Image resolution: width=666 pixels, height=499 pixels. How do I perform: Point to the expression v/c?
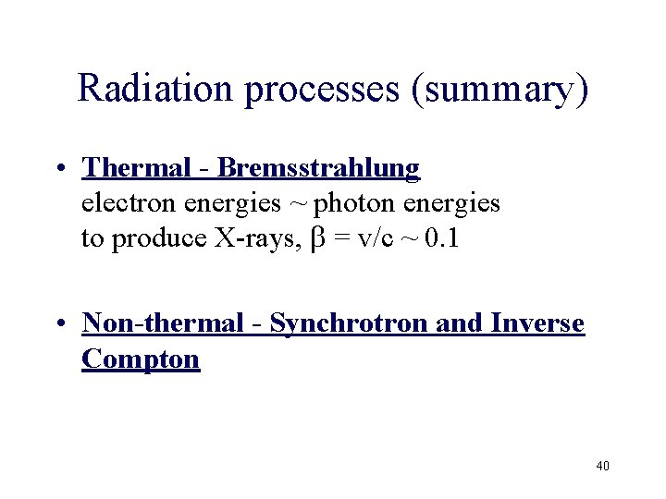tap(374, 238)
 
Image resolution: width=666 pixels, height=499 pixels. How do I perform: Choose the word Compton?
tap(141, 358)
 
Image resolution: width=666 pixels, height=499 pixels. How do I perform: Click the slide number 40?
tap(602, 466)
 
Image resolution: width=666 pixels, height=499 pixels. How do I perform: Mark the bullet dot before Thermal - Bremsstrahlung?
tap(59, 169)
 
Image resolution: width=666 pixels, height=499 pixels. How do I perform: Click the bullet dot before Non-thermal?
tap(59, 324)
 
